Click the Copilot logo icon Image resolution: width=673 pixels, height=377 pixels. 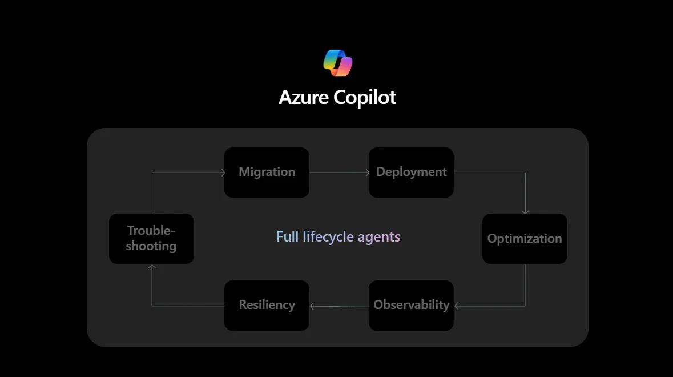pyautogui.click(x=337, y=63)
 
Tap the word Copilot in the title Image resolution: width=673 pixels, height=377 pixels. pyautogui.click(x=365, y=98)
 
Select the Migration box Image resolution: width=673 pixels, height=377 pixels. pyautogui.click(x=267, y=173)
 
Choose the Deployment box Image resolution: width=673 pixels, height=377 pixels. pyautogui.click(x=411, y=173)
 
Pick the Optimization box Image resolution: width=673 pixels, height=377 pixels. pyautogui.click(x=525, y=239)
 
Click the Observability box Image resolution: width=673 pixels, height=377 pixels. pyautogui.click(x=411, y=305)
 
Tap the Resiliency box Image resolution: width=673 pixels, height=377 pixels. pyautogui.click(x=267, y=305)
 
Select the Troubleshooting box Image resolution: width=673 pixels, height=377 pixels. pyautogui.click(x=151, y=239)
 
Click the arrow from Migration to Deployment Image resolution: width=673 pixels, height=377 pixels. pyautogui.click(x=339, y=173)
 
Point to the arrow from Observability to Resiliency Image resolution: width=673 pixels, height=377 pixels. pyautogui.click(x=339, y=306)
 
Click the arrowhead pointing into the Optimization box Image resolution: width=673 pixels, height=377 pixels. pyautogui.click(x=525, y=212)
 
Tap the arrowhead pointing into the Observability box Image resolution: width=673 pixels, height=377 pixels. pyautogui.click(x=457, y=306)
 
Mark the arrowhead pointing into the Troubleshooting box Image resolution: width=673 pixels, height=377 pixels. pyautogui.click(x=152, y=266)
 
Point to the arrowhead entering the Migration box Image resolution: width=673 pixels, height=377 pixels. pyautogui.click(x=222, y=173)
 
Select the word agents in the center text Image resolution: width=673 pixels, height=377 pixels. pyautogui.click(x=379, y=237)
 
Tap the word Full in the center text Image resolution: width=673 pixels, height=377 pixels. pyautogui.click(x=288, y=237)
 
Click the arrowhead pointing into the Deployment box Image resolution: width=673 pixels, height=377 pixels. pyautogui.click(x=366, y=173)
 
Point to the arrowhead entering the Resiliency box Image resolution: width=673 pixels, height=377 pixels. pyautogui.click(x=312, y=306)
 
